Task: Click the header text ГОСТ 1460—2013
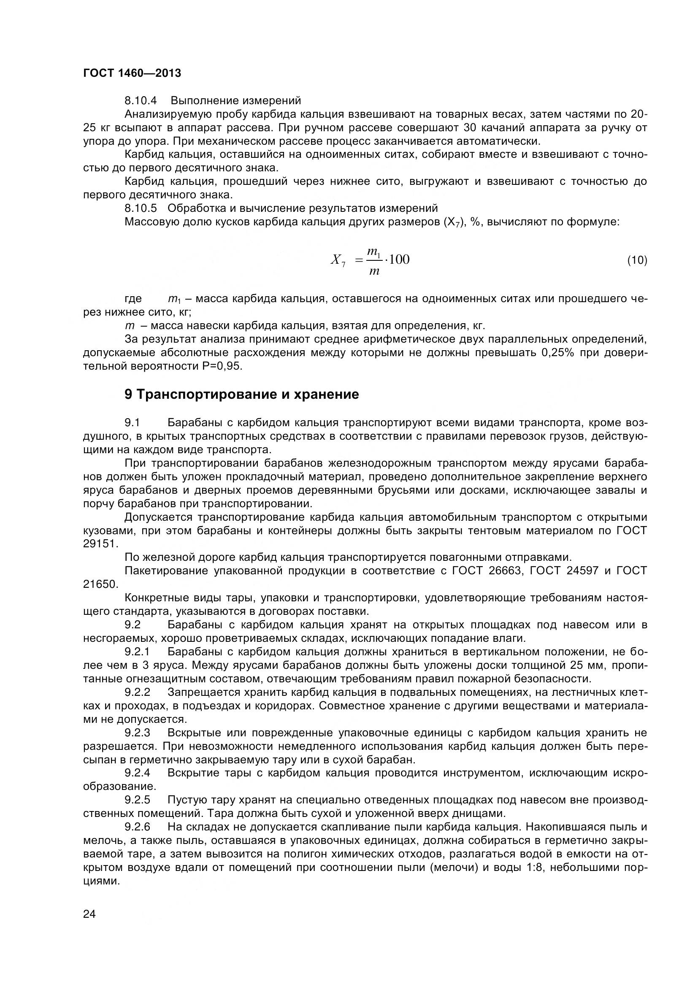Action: [132, 73]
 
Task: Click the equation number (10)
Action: [637, 260]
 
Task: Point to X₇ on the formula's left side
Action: [338, 260]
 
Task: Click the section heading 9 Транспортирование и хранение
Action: [241, 394]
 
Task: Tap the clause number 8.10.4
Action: [141, 100]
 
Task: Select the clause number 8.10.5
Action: [141, 208]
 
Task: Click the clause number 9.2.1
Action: [137, 652]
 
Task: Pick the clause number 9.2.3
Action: [137, 733]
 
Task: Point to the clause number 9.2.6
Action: [137, 827]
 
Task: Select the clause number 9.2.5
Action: [137, 800]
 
